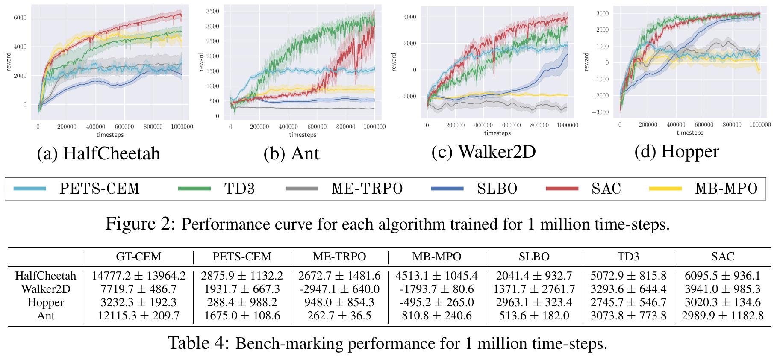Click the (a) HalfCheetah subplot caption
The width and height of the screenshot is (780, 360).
[99, 153]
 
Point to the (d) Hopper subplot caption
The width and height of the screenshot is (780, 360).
[677, 152]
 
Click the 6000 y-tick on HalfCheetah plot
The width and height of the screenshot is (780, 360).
[20, 18]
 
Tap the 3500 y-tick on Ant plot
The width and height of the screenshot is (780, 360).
[212, 11]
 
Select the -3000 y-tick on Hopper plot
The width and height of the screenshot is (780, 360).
[600, 112]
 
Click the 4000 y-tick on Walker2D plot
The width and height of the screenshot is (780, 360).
[410, 17]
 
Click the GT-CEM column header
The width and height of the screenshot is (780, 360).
[138, 257]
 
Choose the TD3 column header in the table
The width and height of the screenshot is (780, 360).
[628, 257]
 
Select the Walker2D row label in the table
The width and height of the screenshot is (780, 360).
[46, 289]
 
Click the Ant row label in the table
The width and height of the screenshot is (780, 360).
[46, 316]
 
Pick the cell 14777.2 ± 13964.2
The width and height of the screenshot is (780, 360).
[138, 276]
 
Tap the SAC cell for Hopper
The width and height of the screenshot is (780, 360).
[722, 302]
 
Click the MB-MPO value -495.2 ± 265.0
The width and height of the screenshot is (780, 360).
[436, 302]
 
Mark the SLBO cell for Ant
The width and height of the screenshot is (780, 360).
[534, 316]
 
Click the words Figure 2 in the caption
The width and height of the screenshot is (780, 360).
[140, 224]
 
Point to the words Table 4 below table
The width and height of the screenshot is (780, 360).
[199, 343]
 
